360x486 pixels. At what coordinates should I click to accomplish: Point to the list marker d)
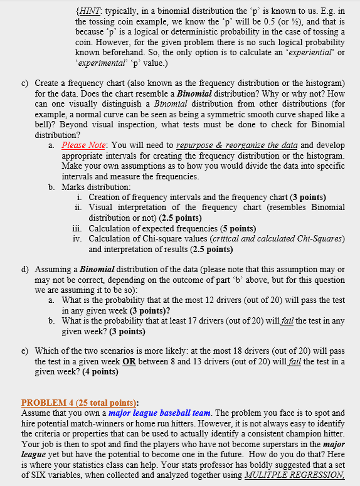pyautogui.click(x=26, y=270)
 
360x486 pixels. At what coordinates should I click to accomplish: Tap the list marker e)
pyautogui.click(x=26, y=352)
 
